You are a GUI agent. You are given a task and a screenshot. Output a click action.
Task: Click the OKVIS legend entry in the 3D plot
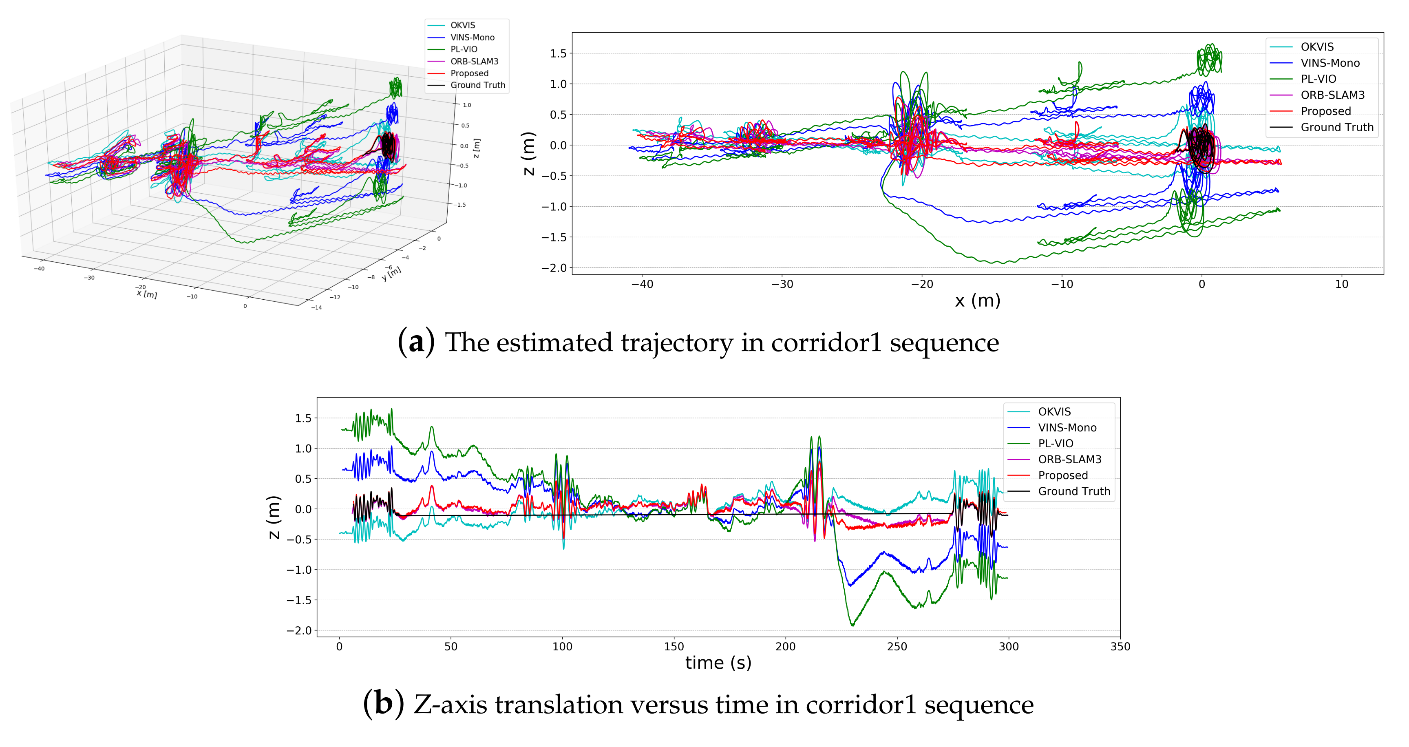coord(462,25)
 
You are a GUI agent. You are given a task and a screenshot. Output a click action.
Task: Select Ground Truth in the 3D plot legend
coord(477,85)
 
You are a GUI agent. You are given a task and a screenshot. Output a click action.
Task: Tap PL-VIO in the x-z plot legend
coord(1318,79)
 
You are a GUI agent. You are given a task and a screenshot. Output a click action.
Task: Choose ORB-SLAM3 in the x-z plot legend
coord(1332,95)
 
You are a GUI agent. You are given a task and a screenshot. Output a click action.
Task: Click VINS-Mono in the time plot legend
coord(1067,428)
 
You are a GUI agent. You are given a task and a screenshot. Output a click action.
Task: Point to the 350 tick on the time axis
coord(1120,646)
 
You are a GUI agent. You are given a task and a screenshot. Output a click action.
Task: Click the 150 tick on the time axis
coord(674,646)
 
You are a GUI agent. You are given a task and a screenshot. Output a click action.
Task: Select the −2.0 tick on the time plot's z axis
coord(299,630)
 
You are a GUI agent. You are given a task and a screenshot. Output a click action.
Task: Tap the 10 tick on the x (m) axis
coord(1341,284)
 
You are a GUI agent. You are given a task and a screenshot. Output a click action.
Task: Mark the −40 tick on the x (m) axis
coord(642,284)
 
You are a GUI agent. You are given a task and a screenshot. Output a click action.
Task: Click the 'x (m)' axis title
coord(977,301)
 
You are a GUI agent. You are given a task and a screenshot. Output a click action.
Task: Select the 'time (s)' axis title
coord(718,663)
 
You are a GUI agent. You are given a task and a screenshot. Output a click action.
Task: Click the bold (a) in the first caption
coord(416,343)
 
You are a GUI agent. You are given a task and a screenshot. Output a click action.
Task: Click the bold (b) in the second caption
coord(384,704)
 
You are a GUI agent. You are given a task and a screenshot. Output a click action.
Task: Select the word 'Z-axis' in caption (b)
coord(450,704)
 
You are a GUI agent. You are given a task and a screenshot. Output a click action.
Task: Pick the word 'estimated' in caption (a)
coord(554,343)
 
